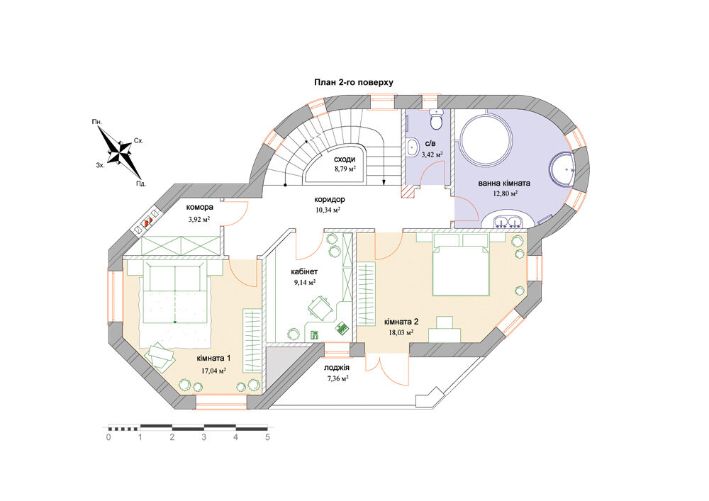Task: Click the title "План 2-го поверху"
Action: pyautogui.click(x=354, y=83)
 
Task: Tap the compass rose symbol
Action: pyautogui.click(x=121, y=152)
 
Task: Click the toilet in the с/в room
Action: pyautogui.click(x=437, y=120)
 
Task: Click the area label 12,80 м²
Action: pyautogui.click(x=505, y=193)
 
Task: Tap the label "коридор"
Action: pyautogui.click(x=330, y=199)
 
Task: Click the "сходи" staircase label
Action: pyautogui.click(x=345, y=159)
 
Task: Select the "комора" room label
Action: pyautogui.click(x=199, y=208)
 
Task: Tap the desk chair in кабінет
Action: pyautogui.click(x=319, y=308)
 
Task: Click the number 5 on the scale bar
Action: pyautogui.click(x=268, y=437)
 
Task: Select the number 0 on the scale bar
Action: pyautogui.click(x=108, y=437)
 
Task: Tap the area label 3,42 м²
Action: pyautogui.click(x=432, y=154)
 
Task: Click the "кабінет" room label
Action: pyautogui.click(x=304, y=272)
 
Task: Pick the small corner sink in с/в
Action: pyautogui.click(x=413, y=147)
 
